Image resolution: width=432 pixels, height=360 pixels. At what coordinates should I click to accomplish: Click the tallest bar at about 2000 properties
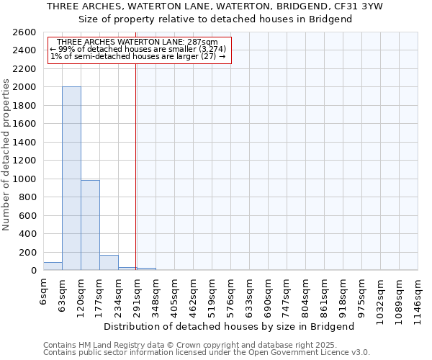pos(71,179)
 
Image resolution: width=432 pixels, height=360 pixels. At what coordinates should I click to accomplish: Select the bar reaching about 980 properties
pos(90,225)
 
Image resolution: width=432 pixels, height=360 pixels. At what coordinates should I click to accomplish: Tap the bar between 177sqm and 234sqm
pos(109,263)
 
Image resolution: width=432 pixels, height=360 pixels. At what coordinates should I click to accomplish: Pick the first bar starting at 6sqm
pos(53,266)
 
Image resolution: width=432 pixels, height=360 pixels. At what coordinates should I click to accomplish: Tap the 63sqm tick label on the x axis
pos(63,293)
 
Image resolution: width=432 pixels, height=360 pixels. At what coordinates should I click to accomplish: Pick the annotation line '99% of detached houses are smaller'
pos(138,49)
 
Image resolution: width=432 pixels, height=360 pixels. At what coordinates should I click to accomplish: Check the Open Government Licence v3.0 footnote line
pos(206,353)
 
